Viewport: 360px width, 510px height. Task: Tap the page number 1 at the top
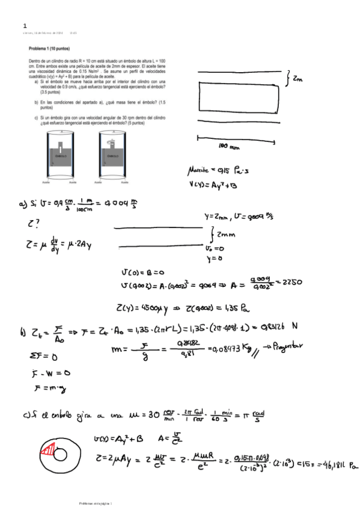point(25,26)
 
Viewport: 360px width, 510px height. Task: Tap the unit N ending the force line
point(295,327)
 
